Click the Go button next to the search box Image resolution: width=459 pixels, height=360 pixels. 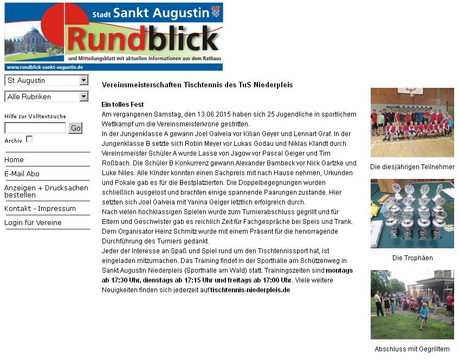coord(75,128)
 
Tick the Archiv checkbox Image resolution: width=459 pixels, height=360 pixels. coord(29,139)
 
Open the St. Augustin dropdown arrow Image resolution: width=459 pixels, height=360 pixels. coord(83,80)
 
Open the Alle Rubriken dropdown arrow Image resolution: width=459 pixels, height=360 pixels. coord(83,97)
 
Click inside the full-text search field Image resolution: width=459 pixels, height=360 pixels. coord(35,128)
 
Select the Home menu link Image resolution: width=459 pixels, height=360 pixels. coord(14,160)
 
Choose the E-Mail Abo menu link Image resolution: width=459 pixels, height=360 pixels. coord(22,174)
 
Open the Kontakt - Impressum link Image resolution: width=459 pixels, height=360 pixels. coord(40,209)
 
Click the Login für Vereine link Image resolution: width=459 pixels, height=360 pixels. coord(33,223)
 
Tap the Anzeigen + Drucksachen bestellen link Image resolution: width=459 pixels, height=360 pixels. coord(46,191)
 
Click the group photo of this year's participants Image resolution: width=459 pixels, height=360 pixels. coord(412,123)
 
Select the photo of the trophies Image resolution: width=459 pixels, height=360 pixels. coord(412,214)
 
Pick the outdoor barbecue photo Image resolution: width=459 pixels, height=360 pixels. coord(412,305)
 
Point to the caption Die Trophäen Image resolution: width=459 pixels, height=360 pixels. coord(412,258)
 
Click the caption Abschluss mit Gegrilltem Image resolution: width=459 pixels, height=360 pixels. coord(412,349)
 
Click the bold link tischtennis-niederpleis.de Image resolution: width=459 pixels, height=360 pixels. coord(250,290)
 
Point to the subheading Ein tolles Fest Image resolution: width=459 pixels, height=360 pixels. coord(122,105)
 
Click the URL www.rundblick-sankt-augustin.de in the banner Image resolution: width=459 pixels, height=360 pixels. coord(44,67)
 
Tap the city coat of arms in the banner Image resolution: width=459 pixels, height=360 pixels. coord(216,12)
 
